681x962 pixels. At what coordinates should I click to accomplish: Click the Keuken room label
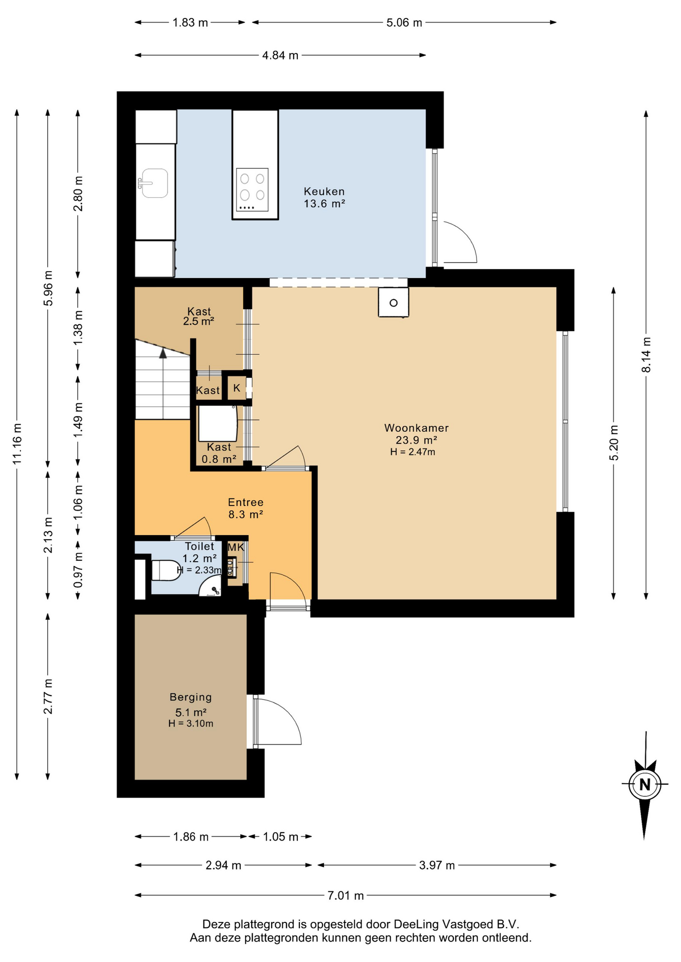[x=324, y=191]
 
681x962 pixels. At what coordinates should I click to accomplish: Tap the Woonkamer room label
[x=416, y=428]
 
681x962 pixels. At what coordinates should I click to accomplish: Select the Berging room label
[x=191, y=697]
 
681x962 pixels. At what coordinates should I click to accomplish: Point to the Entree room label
[x=246, y=502]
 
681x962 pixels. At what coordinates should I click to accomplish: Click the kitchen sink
[x=153, y=183]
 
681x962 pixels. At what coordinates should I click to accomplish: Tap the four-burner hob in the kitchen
[x=252, y=189]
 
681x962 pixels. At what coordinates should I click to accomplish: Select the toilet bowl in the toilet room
[x=166, y=570]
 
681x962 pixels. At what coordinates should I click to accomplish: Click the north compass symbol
[x=645, y=784]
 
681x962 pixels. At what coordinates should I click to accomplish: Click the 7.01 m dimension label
[x=346, y=895]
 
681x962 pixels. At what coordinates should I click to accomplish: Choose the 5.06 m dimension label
[x=404, y=23]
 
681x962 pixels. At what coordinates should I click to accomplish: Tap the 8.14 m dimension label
[x=646, y=355]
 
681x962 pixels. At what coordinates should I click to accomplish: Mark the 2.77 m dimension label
[x=48, y=696]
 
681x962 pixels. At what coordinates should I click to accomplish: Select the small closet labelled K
[x=237, y=388]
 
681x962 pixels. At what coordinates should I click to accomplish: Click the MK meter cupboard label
[x=236, y=547]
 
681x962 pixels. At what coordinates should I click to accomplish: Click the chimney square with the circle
[x=394, y=302]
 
